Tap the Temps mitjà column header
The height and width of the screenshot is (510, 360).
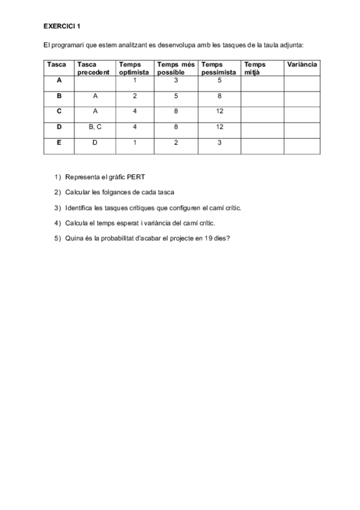pyautogui.click(x=255, y=68)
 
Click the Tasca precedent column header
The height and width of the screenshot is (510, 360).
pyautogui.click(x=93, y=68)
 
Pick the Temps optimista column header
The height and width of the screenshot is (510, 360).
pyautogui.click(x=133, y=68)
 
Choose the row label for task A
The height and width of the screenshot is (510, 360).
pyautogui.click(x=59, y=80)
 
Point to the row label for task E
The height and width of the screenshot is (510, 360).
pyautogui.click(x=59, y=143)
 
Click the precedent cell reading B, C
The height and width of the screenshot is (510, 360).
pyautogui.click(x=95, y=127)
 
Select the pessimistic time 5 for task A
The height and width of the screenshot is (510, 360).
pyautogui.click(x=219, y=80)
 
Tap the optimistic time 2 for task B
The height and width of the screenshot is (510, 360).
pyautogui.click(x=135, y=96)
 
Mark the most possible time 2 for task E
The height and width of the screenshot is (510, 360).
pyautogui.click(x=175, y=143)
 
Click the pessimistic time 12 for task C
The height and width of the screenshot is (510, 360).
pyautogui.click(x=219, y=111)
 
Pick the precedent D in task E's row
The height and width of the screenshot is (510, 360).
pyautogui.click(x=95, y=143)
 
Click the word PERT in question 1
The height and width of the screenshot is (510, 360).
pyautogui.click(x=136, y=177)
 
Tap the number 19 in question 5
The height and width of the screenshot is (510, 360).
pyautogui.click(x=207, y=238)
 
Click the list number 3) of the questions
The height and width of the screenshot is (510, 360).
pyautogui.click(x=58, y=207)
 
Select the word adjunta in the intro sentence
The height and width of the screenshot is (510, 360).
pyautogui.click(x=291, y=45)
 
